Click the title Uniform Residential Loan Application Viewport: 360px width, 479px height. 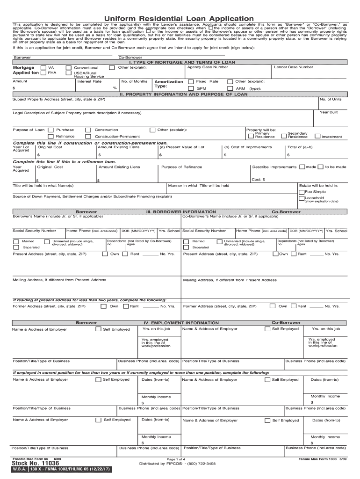(x=180, y=19)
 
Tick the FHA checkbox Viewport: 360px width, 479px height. (x=43, y=73)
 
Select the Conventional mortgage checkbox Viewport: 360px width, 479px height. (x=69, y=67)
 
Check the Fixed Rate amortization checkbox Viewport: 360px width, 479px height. (x=191, y=81)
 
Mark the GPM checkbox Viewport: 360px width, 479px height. (x=191, y=88)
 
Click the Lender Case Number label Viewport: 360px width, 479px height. (x=294, y=67)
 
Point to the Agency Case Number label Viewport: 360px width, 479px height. (x=208, y=67)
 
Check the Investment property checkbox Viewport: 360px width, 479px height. (x=317, y=137)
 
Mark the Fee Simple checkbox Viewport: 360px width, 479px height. (x=302, y=192)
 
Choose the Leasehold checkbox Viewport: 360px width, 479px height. (x=302, y=198)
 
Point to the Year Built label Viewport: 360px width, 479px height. (x=329, y=112)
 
